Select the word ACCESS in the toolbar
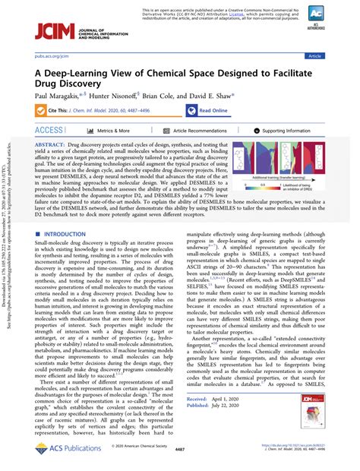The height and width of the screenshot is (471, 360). click(49, 131)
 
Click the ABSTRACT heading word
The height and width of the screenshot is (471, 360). click(49, 144)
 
